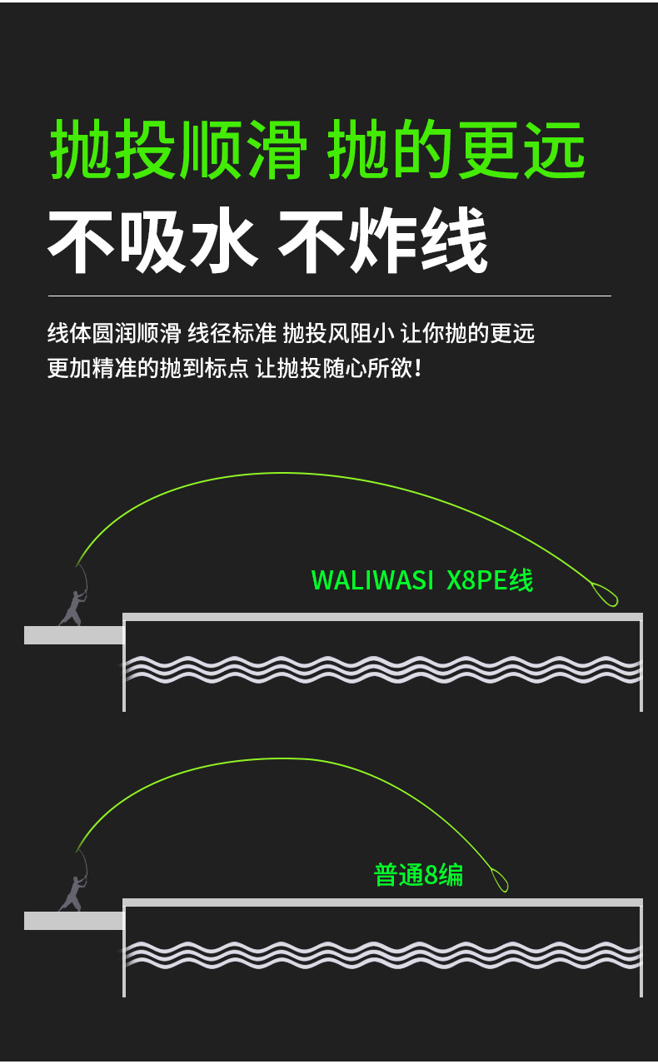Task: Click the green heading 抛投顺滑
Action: [x=177, y=150]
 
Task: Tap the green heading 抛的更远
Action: [x=456, y=150]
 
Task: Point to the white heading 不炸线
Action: [x=382, y=241]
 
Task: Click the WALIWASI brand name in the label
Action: [x=372, y=580]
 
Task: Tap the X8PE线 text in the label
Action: [x=490, y=580]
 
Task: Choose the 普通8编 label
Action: [x=418, y=875]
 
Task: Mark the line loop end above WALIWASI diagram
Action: [x=606, y=594]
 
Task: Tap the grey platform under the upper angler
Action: [x=73, y=635]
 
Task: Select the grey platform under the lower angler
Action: [x=73, y=921]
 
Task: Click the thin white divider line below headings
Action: [x=329, y=296]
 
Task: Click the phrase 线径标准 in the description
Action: [x=232, y=334]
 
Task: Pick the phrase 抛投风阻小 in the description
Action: [x=338, y=334]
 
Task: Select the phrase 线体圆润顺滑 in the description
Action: [x=114, y=334]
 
